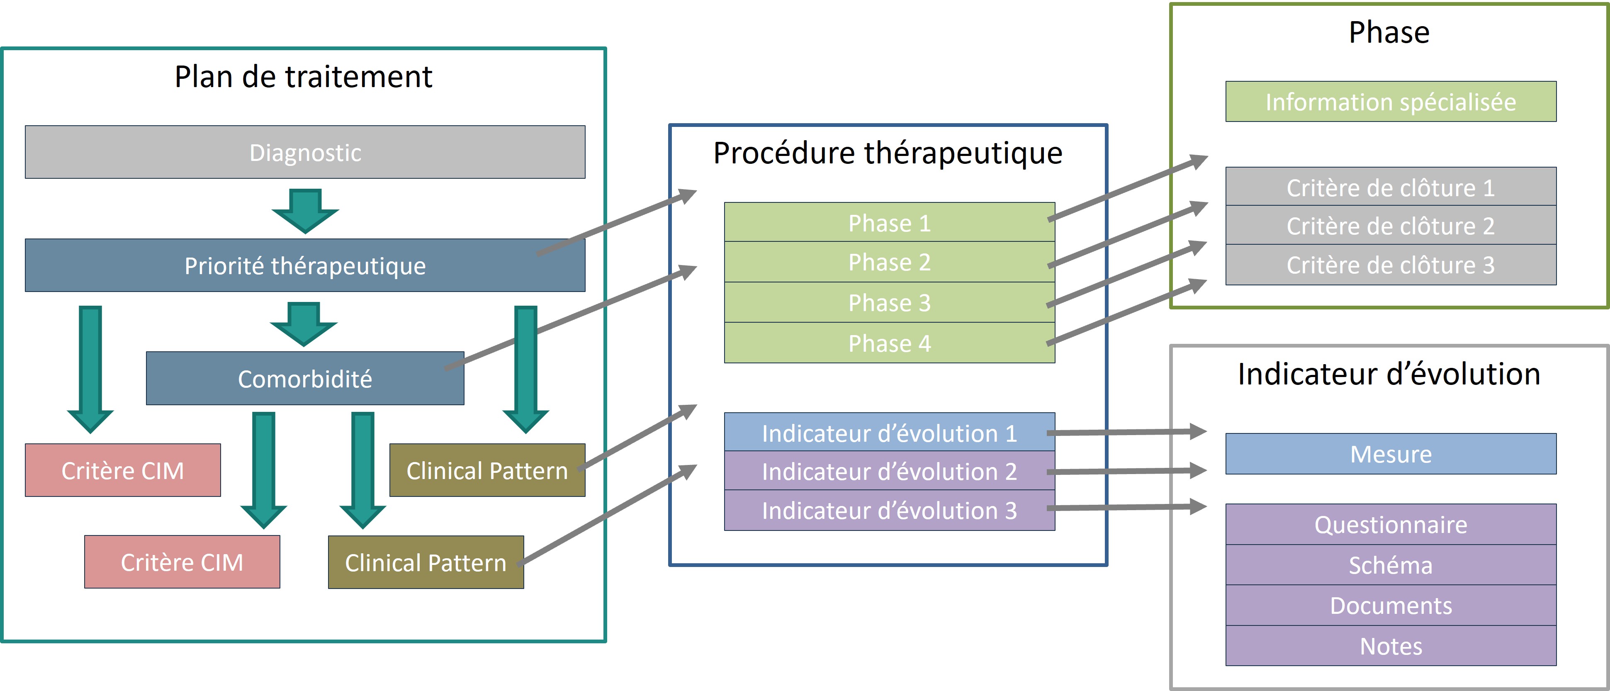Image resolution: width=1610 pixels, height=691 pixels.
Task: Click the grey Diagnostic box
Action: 305,153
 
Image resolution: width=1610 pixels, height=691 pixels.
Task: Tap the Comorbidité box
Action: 305,379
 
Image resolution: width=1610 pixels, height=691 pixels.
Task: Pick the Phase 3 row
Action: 889,303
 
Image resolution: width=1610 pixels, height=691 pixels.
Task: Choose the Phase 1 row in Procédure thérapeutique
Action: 889,223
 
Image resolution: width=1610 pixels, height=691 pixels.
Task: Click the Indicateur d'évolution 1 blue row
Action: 889,433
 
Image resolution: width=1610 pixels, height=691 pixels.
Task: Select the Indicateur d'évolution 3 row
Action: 889,511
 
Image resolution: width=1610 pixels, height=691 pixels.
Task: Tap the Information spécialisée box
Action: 1391,102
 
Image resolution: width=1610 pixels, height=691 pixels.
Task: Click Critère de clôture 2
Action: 1391,226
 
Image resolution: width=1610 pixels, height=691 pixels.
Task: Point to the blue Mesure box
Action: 1391,454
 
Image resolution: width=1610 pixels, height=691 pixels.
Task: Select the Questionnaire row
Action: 1391,525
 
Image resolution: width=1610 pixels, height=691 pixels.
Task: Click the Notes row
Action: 1391,646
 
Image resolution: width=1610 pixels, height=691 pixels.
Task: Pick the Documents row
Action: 1391,606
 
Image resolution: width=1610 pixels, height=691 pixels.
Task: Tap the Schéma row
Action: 1391,565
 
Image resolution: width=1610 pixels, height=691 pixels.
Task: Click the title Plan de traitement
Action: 303,77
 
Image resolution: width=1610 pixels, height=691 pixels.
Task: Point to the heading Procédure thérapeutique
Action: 888,153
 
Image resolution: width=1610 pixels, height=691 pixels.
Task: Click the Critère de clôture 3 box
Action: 1391,265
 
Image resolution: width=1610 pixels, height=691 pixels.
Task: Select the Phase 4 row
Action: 889,343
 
